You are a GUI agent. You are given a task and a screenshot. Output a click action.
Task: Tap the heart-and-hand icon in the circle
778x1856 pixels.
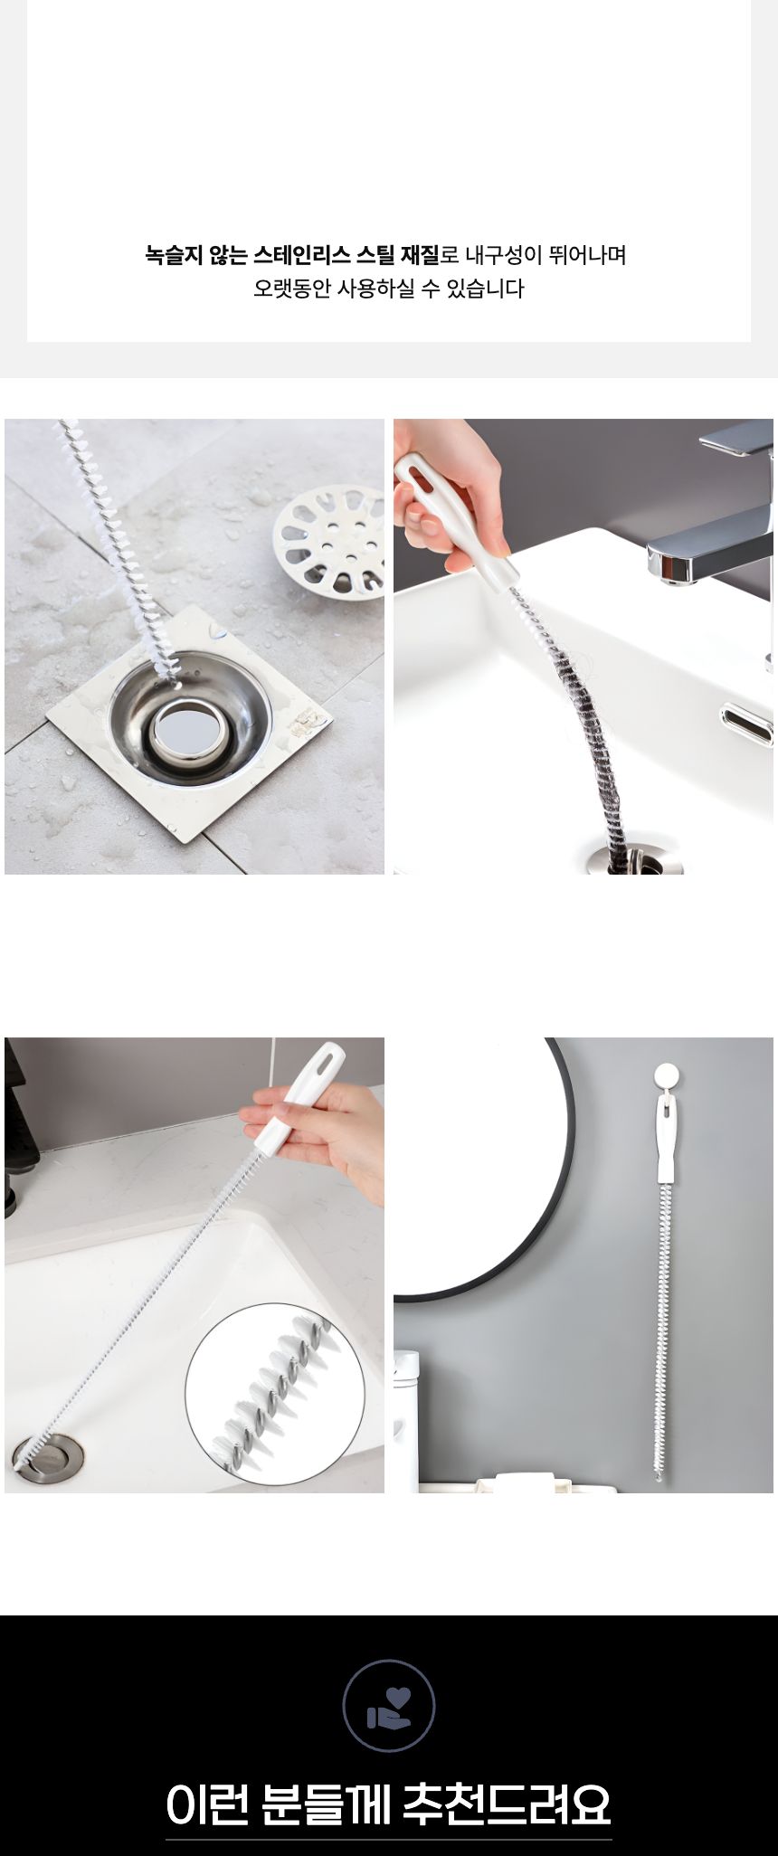389,1704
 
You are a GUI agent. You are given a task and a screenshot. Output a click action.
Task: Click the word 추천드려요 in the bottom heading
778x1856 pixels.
508,1803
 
